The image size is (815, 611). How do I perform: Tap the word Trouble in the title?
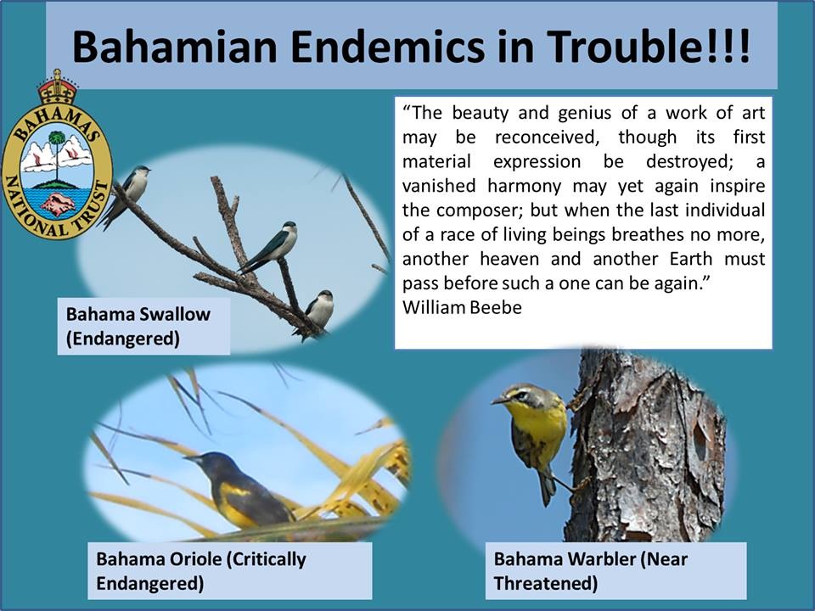[619, 47]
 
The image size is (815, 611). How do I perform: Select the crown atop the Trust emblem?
[57, 87]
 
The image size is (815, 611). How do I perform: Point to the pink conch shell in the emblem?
[58, 205]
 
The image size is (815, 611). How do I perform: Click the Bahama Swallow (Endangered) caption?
[138, 326]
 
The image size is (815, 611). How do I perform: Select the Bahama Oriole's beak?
[191, 459]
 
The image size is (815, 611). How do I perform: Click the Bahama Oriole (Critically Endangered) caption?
[201, 571]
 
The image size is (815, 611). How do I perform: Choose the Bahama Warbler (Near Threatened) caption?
[591, 571]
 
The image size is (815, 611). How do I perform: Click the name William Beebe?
[462, 307]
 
